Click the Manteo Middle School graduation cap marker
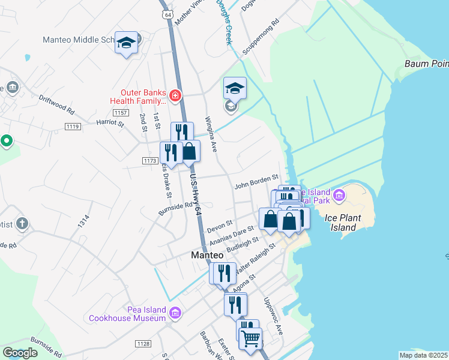pos(126,43)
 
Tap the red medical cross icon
pos(175,95)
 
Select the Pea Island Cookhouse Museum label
pos(128,314)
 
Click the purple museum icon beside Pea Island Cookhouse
pos(175,313)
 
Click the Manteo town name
pos(207,255)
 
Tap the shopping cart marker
pos(250,338)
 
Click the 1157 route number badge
pos(121,113)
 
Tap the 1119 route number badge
pos(73,126)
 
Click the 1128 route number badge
pos(143,343)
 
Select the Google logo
pos(20,353)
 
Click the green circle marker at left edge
pos(7,141)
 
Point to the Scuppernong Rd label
pos(261,40)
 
